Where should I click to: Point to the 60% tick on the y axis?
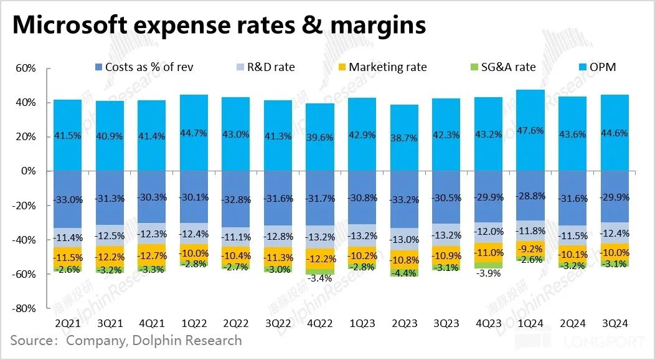point(27,68)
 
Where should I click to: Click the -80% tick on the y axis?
point(26,308)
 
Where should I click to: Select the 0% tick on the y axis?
point(30,171)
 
